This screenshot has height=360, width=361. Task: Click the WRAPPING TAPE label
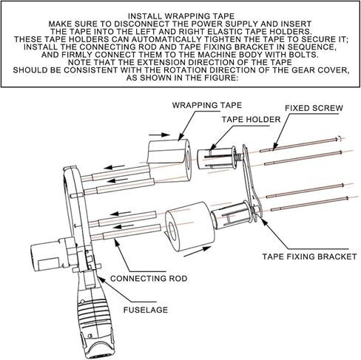click(x=207, y=105)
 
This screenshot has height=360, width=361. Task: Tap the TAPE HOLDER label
click(x=251, y=120)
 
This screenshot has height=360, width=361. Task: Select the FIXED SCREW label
click(x=314, y=108)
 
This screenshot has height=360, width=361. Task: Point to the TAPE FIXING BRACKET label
click(x=309, y=257)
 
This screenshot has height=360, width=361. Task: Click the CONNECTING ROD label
click(x=149, y=279)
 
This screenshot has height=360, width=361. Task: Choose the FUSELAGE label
click(x=146, y=310)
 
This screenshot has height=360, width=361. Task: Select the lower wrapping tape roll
click(x=190, y=227)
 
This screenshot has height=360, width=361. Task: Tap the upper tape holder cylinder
click(x=217, y=157)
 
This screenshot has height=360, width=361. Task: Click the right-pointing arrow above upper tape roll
click(x=160, y=135)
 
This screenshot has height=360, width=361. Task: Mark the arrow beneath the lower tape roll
click(x=198, y=251)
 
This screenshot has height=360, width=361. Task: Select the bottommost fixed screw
click(x=310, y=204)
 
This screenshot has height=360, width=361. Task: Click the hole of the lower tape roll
click(x=172, y=231)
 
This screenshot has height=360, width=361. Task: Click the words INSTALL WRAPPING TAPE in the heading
click(x=181, y=16)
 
